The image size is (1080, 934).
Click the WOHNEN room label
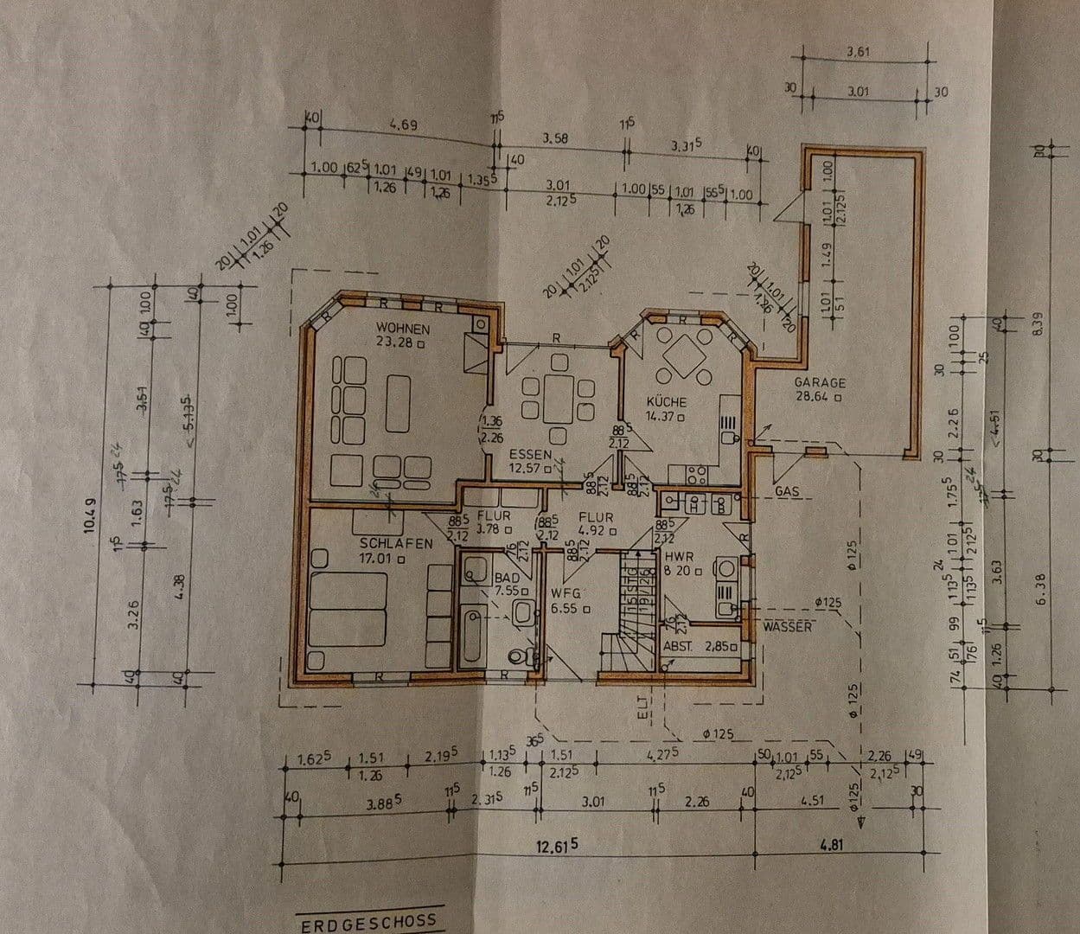click(x=401, y=329)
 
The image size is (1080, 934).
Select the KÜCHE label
click(x=666, y=402)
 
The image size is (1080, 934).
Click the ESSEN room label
click(x=530, y=454)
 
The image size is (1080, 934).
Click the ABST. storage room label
click(x=680, y=646)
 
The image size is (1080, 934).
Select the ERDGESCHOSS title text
click(x=367, y=924)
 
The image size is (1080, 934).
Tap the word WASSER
click(x=787, y=626)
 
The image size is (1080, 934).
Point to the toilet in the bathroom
click(x=520, y=654)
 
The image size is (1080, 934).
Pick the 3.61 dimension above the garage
click(x=858, y=53)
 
